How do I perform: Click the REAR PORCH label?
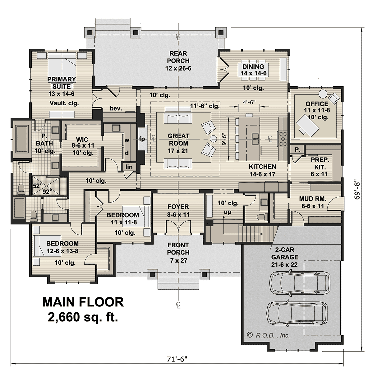click(x=178, y=57)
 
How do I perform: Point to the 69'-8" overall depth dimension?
click(x=357, y=191)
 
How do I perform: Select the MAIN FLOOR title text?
click(x=83, y=302)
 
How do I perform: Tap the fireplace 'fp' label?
click(x=142, y=139)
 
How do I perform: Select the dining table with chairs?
click(x=253, y=70)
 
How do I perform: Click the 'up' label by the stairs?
click(x=228, y=212)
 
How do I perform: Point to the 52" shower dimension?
click(x=37, y=186)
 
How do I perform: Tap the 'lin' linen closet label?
click(x=129, y=167)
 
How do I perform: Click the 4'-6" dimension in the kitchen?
click(x=249, y=102)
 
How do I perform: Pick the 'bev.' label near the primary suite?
click(x=116, y=108)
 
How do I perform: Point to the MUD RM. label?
click(x=313, y=199)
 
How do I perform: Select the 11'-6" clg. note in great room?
click(x=205, y=106)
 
